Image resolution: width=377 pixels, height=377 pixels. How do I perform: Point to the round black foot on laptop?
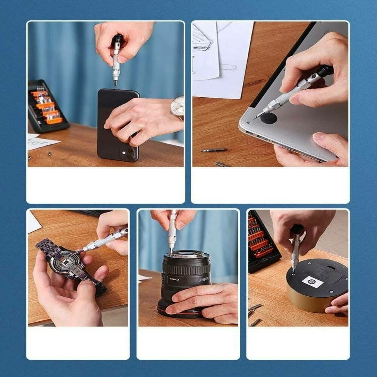pos(268,118)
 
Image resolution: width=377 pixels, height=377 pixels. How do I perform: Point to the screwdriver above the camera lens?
pos(172,230)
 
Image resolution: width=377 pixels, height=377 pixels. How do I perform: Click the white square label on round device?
pos(313,281)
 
